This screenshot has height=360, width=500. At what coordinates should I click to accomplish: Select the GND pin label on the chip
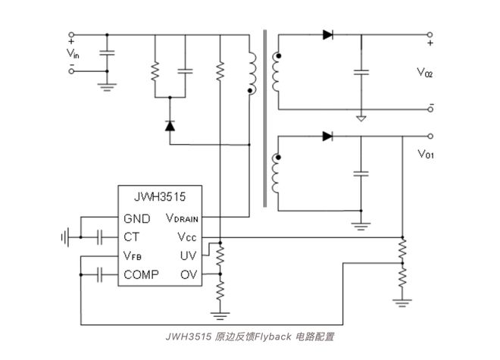click(x=137, y=219)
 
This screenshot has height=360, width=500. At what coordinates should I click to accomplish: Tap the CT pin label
click(x=132, y=237)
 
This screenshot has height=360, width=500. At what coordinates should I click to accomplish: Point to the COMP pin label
click(x=142, y=274)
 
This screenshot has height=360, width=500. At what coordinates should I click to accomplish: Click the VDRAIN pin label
click(x=182, y=219)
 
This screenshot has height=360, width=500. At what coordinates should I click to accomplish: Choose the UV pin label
click(x=189, y=255)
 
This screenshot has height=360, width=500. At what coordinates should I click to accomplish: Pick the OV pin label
click(x=189, y=274)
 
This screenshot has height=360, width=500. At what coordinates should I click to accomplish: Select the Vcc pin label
click(x=187, y=237)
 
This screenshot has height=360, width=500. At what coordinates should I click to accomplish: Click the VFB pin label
click(x=133, y=256)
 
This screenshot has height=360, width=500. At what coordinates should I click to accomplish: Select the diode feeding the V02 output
click(x=327, y=34)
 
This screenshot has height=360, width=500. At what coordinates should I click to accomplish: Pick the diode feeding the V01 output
click(x=327, y=136)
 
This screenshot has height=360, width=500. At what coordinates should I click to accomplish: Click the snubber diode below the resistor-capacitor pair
click(x=170, y=126)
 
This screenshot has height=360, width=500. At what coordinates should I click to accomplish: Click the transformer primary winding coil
click(x=251, y=73)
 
